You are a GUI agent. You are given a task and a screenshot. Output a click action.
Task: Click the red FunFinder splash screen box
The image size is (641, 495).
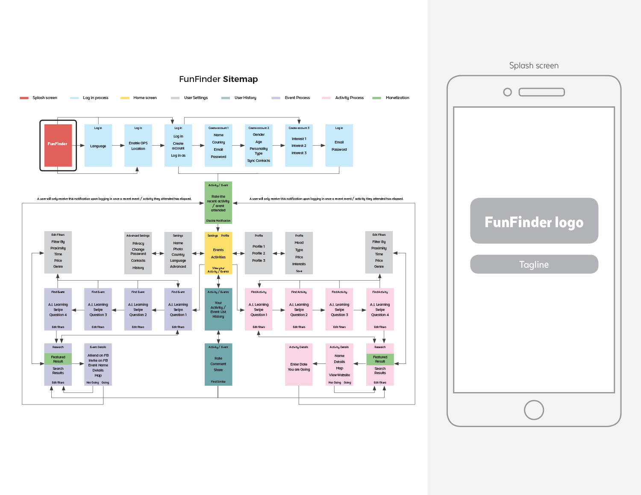(x=58, y=145)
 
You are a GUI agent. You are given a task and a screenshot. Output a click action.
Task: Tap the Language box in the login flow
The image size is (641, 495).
(x=98, y=146)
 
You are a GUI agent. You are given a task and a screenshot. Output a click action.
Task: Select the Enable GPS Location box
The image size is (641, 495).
(x=138, y=146)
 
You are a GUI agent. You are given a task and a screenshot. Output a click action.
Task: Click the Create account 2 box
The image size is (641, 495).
(x=259, y=146)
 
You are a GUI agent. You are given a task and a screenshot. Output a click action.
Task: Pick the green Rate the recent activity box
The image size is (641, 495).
(x=218, y=203)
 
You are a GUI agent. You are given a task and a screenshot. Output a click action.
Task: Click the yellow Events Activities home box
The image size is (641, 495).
(x=218, y=253)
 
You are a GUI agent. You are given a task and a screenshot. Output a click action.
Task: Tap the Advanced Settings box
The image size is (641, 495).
(x=138, y=253)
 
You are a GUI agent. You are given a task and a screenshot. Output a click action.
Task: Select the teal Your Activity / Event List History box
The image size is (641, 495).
(x=218, y=309)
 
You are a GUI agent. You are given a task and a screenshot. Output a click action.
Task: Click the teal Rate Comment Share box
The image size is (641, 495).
(x=218, y=364)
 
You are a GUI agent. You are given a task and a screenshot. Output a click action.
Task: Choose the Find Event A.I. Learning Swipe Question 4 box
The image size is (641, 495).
(x=58, y=309)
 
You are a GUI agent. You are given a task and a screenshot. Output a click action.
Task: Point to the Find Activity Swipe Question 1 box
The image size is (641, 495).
(x=259, y=309)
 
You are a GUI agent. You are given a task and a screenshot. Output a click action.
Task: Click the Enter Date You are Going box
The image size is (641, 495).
(x=299, y=364)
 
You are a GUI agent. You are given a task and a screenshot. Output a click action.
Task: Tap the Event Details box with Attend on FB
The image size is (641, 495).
(x=98, y=364)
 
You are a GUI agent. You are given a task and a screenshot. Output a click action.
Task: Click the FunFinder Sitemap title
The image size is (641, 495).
(x=218, y=79)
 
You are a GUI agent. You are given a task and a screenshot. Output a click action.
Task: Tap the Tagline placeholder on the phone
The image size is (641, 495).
(x=534, y=264)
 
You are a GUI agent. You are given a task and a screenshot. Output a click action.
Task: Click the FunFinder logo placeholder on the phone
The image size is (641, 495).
(x=534, y=221)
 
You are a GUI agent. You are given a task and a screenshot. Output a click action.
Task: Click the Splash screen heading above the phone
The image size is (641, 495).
(x=534, y=65)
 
